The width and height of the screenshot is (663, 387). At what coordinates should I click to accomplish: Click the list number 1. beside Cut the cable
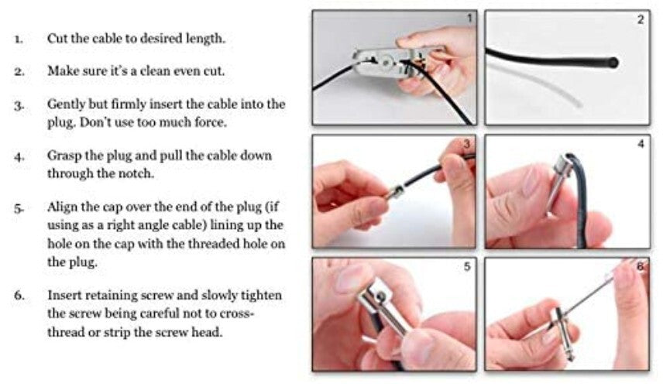point(19,38)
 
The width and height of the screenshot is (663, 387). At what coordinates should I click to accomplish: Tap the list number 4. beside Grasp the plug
point(19,156)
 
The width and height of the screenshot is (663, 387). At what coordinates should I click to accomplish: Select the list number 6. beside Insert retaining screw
point(19,296)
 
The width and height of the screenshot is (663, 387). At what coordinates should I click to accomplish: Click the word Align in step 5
point(63,208)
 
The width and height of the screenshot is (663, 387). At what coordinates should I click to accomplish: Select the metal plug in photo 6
point(558,333)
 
